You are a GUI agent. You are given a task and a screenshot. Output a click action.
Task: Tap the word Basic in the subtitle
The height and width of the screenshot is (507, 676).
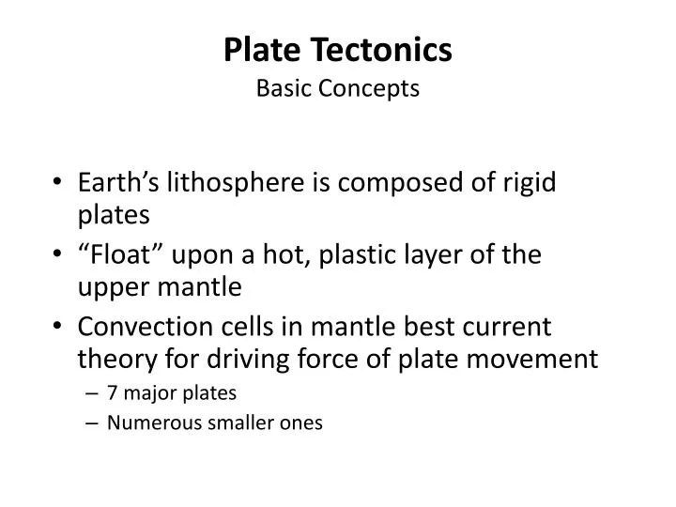[x=284, y=89]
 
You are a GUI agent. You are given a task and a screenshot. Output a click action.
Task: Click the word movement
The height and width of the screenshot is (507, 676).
[x=546, y=359]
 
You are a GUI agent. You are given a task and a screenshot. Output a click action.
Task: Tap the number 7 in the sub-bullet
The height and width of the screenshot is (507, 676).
[x=112, y=392]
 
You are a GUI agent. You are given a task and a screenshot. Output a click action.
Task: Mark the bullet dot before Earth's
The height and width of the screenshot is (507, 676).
[x=59, y=184]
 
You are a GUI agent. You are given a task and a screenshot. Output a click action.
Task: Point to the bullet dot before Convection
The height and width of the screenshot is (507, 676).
[x=59, y=328]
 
